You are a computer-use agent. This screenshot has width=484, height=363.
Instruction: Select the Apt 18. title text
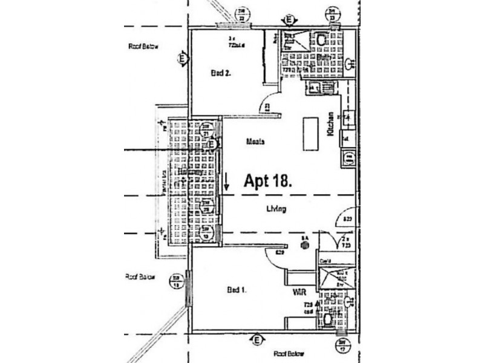269,180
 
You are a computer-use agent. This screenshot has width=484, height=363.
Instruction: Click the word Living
275,209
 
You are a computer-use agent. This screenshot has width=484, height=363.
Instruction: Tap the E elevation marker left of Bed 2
181,59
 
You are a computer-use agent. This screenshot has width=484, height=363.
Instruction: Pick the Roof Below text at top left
143,47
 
